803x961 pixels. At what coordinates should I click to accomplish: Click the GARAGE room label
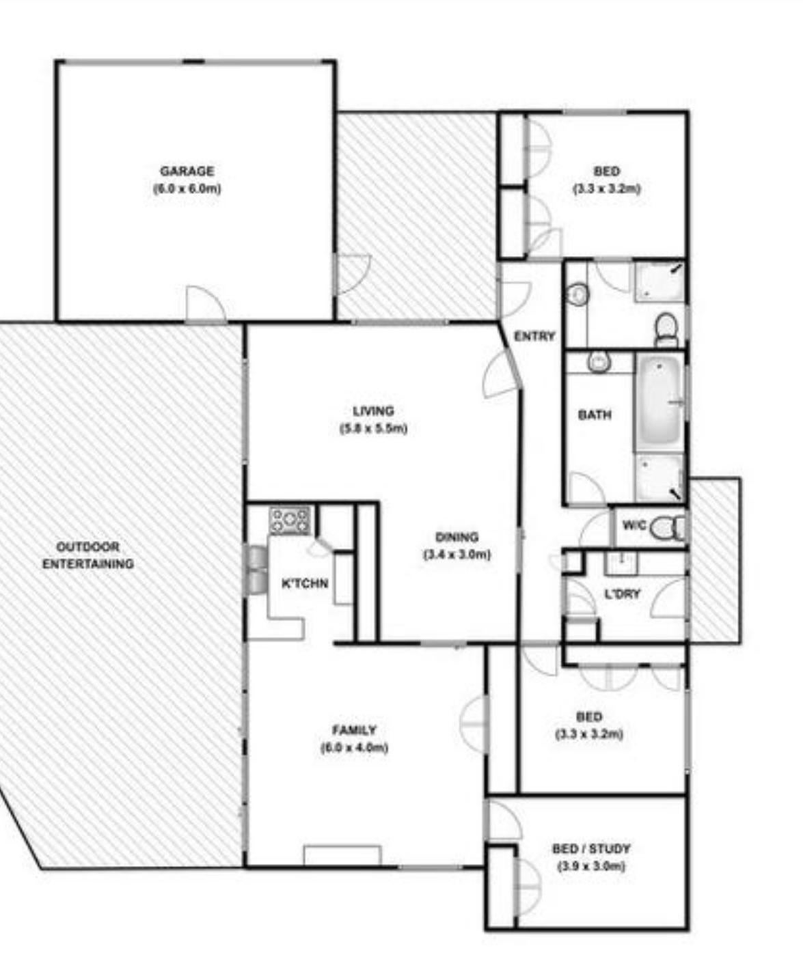click(187, 171)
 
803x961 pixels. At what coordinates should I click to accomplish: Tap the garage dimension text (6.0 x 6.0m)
click(187, 189)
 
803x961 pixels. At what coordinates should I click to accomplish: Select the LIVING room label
click(373, 410)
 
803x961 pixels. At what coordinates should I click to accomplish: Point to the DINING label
click(457, 537)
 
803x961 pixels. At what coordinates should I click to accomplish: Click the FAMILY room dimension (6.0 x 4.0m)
click(354, 748)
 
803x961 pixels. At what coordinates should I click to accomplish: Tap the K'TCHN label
click(305, 583)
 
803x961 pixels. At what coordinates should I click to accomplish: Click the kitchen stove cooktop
click(290, 520)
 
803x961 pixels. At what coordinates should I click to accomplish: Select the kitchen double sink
click(258, 570)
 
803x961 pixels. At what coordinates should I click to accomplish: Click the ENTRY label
click(534, 337)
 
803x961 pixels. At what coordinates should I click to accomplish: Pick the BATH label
click(595, 415)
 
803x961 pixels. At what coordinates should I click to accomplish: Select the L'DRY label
click(623, 594)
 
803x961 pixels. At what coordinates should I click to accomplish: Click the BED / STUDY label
click(591, 849)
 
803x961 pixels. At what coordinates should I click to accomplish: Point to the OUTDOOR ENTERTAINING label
click(88, 555)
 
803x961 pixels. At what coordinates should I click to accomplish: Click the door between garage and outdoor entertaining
click(206, 304)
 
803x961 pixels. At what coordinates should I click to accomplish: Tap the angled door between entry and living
click(502, 374)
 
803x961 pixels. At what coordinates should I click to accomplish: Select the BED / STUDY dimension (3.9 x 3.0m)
click(591, 867)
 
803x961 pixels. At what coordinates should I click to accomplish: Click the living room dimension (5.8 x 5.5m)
click(373, 428)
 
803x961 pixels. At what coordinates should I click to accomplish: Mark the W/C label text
click(634, 525)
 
